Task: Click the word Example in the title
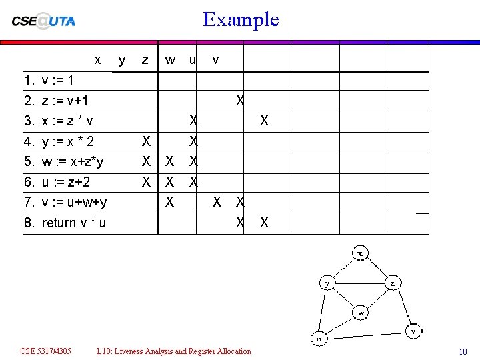point(241,19)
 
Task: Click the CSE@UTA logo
point(43,20)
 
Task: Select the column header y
point(121,60)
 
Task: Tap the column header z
point(145,60)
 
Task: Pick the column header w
point(171,60)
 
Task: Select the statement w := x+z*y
point(72,162)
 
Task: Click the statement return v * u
point(73,223)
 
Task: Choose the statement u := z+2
point(66,182)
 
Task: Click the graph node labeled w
point(361,312)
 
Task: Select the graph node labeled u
point(319,339)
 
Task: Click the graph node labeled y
point(327,283)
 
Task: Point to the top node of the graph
point(360,253)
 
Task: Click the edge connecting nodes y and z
point(360,283)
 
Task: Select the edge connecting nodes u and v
point(367,335)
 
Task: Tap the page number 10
point(463,351)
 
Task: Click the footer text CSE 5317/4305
point(46,351)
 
